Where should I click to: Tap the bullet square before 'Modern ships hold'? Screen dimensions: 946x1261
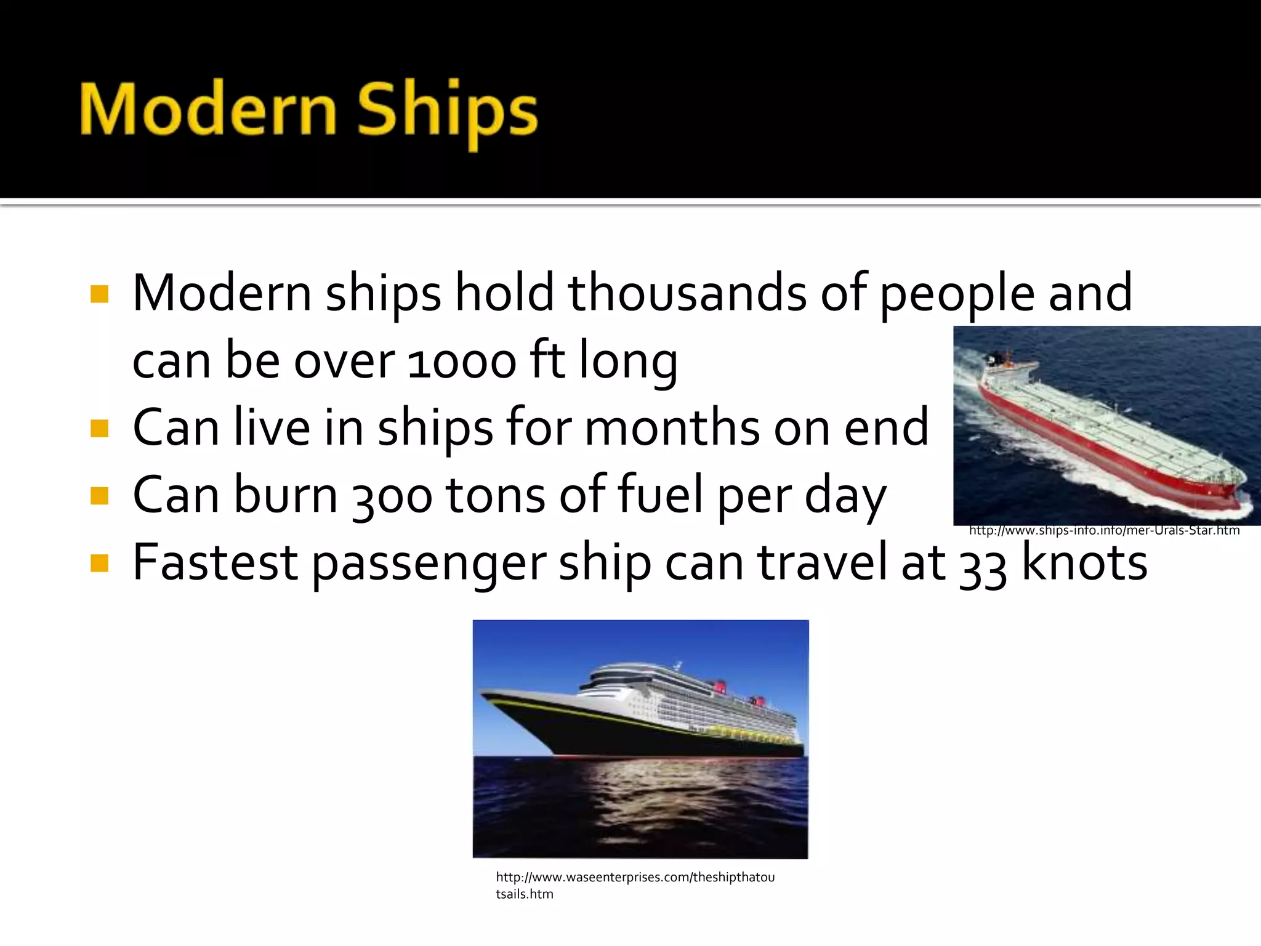(99, 294)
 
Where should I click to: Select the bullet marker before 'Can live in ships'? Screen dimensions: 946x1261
(99, 427)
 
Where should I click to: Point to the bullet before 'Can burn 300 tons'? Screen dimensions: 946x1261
(99, 495)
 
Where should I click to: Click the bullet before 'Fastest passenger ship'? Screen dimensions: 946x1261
(99, 562)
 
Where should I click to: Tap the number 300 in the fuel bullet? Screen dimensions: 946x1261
(392, 496)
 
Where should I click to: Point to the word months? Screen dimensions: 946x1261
(672, 427)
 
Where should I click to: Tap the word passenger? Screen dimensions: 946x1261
(429, 564)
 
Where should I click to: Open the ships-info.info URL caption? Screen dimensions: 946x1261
(1104, 530)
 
